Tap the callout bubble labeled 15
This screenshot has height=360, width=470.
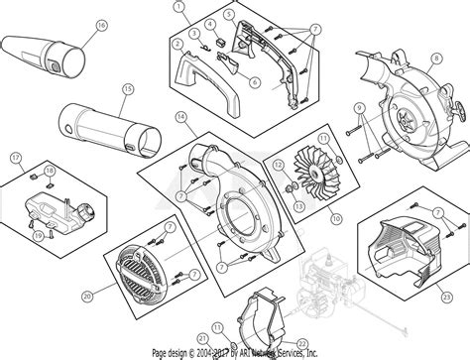(126, 90)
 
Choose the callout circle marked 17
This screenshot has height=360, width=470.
(15, 157)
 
